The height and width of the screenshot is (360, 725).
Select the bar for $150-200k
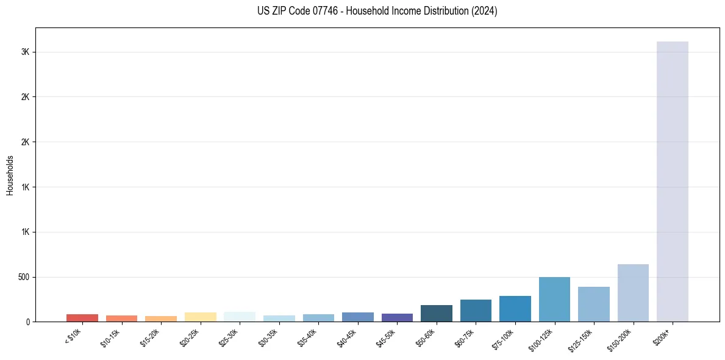click(x=633, y=293)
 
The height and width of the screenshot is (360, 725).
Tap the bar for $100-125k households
click(x=554, y=299)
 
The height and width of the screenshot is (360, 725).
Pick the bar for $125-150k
click(x=593, y=304)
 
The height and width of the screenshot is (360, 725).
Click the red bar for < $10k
click(x=82, y=318)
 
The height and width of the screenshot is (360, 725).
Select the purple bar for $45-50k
click(x=397, y=317)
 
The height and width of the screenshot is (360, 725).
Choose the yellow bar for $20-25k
click(x=200, y=317)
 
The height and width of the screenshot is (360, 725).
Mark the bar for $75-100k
click(x=515, y=309)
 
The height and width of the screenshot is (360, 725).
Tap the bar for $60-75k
click(x=476, y=311)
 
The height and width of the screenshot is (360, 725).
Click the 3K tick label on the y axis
click(x=25, y=52)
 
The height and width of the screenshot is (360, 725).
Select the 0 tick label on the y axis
click(x=27, y=322)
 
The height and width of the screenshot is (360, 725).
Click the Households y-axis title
click(x=10, y=175)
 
